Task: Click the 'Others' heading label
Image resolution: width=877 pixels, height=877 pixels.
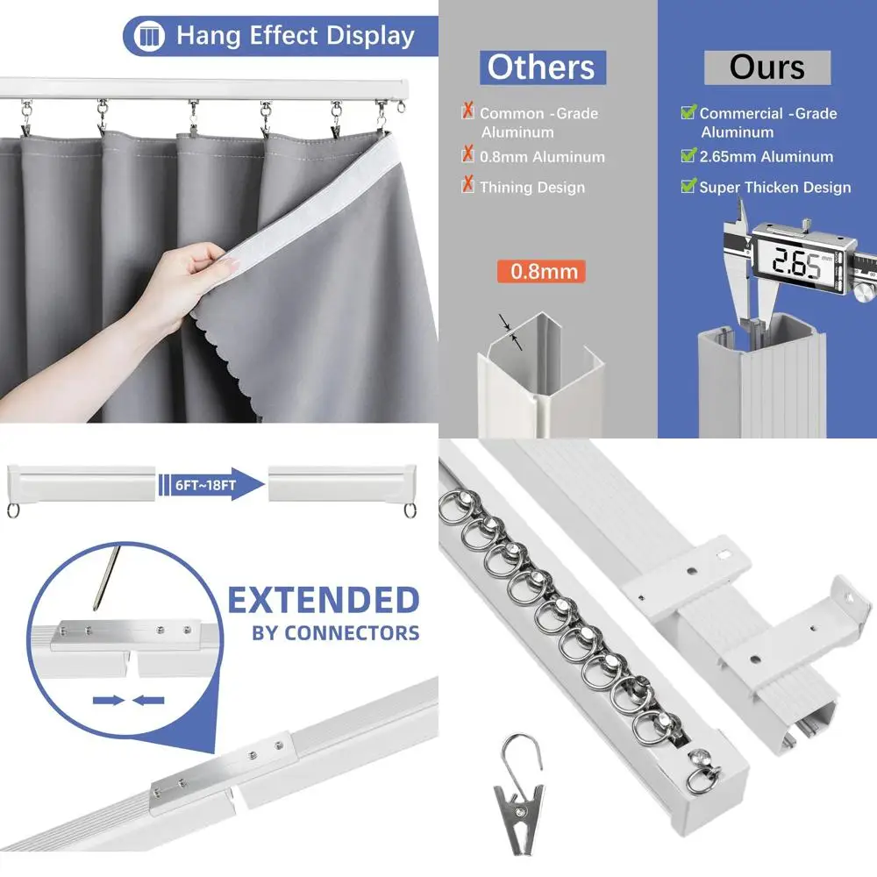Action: (x=541, y=67)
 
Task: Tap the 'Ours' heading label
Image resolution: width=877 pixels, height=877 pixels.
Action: (x=766, y=68)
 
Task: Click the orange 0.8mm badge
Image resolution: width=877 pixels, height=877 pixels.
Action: (x=540, y=271)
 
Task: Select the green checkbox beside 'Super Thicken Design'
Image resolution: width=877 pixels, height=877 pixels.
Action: (x=688, y=186)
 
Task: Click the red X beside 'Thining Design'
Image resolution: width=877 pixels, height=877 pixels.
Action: (x=468, y=186)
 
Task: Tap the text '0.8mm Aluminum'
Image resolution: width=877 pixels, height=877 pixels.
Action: (x=542, y=157)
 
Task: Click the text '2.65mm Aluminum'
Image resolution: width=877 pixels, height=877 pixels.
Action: (x=766, y=157)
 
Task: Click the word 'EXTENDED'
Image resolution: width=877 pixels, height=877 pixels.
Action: (x=324, y=601)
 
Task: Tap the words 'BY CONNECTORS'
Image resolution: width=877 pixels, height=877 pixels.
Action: (x=335, y=632)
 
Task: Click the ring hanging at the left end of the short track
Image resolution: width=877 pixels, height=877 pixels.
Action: (x=14, y=510)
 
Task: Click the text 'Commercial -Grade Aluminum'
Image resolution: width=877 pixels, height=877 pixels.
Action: (x=766, y=122)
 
